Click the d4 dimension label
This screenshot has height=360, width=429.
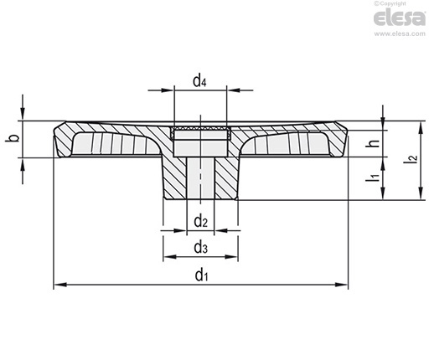coord(199,81)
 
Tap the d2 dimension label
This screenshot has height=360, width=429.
coord(201,222)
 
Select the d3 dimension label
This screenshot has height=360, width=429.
coord(201,247)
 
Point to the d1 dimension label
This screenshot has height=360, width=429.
coord(201,275)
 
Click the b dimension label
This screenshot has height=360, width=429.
coord(13,137)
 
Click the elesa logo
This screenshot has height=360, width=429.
coord(400,18)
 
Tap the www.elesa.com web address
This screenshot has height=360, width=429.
coord(400,33)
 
